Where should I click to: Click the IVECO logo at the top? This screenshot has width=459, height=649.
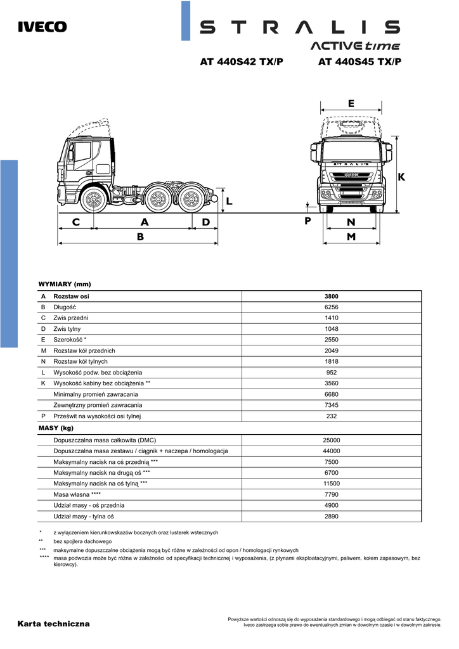(x=42, y=27)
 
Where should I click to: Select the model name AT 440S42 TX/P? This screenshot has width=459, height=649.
(x=242, y=62)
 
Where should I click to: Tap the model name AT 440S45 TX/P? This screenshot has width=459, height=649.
(x=360, y=62)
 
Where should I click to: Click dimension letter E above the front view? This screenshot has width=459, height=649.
(x=351, y=103)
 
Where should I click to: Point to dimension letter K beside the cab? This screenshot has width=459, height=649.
(x=401, y=177)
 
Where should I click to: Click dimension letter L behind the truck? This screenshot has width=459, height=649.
(x=229, y=201)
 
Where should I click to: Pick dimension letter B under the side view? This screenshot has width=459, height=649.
(x=140, y=236)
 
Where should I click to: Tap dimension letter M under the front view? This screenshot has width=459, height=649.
(x=351, y=236)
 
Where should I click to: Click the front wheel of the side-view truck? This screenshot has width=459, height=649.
(x=93, y=200)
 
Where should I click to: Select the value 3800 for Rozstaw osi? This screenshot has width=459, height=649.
(x=332, y=296)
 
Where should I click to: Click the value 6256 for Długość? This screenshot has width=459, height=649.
(x=332, y=307)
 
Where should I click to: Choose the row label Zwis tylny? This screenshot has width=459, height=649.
(x=67, y=329)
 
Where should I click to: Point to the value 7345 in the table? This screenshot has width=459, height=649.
(x=332, y=405)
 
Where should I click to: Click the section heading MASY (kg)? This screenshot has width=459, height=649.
(x=56, y=428)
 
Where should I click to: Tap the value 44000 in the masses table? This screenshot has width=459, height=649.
(x=332, y=451)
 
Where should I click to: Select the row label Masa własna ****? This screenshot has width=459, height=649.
(x=77, y=494)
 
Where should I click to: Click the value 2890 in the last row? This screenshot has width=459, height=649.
(x=332, y=517)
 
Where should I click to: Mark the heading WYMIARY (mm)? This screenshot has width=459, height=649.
(x=65, y=284)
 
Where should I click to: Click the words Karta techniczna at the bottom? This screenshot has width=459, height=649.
(x=54, y=624)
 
